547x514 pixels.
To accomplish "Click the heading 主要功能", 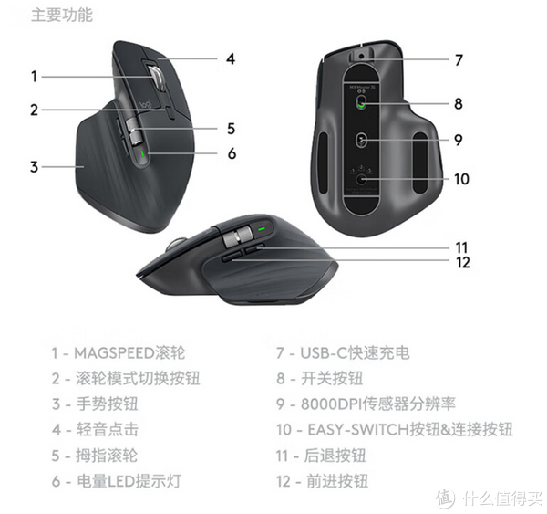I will click(62, 16).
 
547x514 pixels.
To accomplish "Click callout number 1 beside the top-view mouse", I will click(34, 77).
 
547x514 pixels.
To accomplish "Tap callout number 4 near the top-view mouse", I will click(231, 58).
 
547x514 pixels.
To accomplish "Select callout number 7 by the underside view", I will click(459, 60).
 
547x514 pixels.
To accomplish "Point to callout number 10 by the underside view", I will click(461, 179).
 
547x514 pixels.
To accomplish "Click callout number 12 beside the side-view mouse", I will click(462, 263).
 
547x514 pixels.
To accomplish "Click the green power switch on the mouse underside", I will click(363, 104).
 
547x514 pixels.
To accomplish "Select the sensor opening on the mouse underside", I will click(362, 140).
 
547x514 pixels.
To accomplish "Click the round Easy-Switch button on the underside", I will click(364, 179).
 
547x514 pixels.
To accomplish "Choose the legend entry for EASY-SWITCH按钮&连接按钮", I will click(395, 429).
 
